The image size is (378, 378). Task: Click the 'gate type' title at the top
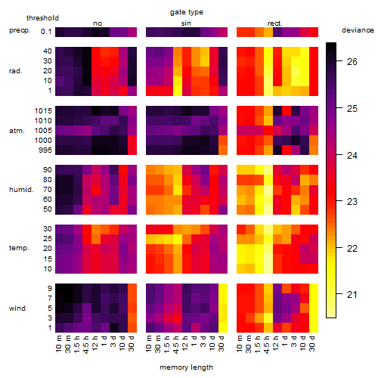point(187,12)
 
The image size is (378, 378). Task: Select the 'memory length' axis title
point(186,367)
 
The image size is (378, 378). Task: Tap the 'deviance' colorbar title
point(358,30)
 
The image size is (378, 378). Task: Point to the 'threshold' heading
point(42,18)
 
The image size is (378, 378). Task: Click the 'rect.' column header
point(274,23)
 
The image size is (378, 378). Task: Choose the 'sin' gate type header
point(186,23)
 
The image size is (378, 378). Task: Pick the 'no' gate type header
point(98,23)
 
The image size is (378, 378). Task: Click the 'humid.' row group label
point(21,190)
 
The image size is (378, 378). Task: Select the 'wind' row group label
point(17,308)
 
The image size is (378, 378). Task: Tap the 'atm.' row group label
point(17,131)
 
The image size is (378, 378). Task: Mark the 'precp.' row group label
point(20,30)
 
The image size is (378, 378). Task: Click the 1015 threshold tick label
point(43,111)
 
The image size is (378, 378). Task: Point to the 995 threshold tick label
point(45,150)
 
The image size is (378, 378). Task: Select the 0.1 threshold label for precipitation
point(46,32)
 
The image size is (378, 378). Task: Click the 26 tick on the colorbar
point(352,61)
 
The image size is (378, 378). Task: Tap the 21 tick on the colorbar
point(352,294)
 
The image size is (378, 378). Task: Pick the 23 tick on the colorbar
point(352,201)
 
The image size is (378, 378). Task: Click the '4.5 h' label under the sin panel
point(176,345)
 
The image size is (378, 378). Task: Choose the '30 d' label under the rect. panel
point(312,343)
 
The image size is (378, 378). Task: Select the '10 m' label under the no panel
point(58,344)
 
